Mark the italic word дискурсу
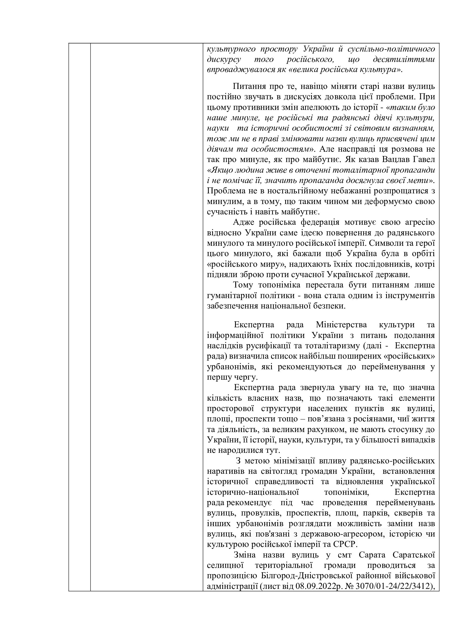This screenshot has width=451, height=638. click(224, 59)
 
